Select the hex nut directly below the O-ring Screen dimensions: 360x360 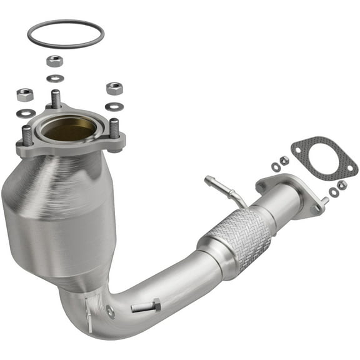(54, 61)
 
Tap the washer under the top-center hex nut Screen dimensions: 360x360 (55, 78)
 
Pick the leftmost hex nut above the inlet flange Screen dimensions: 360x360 (25, 95)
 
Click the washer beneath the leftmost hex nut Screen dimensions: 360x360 (26, 113)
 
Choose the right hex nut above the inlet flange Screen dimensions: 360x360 (114, 88)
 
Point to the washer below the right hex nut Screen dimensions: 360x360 (114, 106)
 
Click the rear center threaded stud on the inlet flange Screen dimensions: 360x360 (56, 98)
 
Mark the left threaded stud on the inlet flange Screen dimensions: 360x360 (27, 135)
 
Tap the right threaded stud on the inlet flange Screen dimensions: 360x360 (114, 127)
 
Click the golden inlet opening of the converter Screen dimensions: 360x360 (69, 129)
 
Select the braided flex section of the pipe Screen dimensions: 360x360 (240, 232)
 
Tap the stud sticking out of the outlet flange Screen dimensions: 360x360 (323, 202)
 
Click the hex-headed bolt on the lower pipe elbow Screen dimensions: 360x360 (146, 306)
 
